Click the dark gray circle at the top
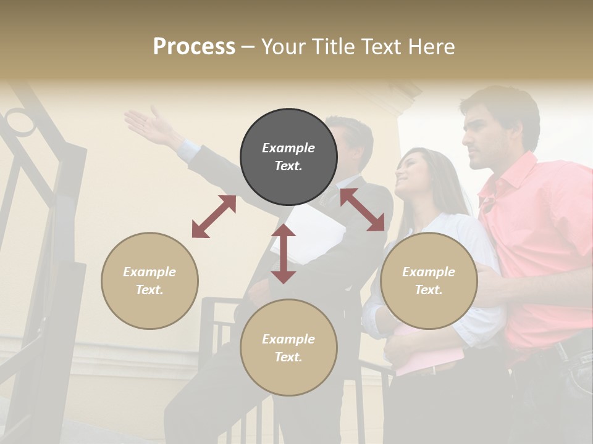pyautogui.click(x=288, y=157)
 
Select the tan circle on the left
pyautogui.click(x=149, y=281)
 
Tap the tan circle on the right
pyautogui.click(x=429, y=281)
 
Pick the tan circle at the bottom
pyautogui.click(x=288, y=348)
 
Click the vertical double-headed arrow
pyautogui.click(x=284, y=253)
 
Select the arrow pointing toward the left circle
pyautogui.click(x=214, y=216)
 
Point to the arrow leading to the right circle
pyautogui.click(x=362, y=210)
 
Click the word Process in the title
pyautogui.click(x=194, y=46)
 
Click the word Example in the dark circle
pyautogui.click(x=288, y=148)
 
